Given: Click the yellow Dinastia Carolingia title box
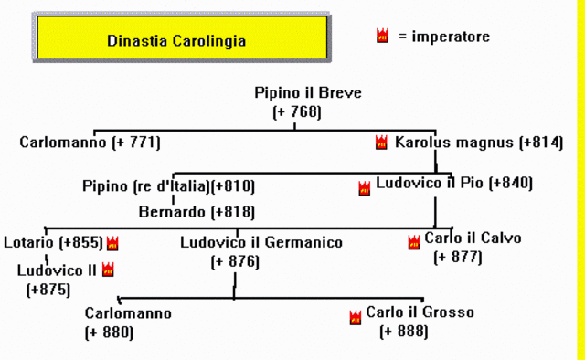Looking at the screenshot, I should [x=175, y=41].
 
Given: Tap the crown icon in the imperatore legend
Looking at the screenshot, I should [x=382, y=37].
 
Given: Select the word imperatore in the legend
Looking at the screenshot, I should [x=451, y=37].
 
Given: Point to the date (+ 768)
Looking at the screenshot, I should [x=297, y=111].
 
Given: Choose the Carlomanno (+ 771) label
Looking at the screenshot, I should [x=90, y=143].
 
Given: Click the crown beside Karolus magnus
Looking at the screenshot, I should [x=381, y=143].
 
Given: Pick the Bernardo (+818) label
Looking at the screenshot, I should [x=197, y=212].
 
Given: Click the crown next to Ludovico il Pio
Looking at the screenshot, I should [x=365, y=188].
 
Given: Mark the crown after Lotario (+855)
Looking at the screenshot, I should [x=112, y=243].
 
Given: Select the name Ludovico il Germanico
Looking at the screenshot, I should [x=261, y=243].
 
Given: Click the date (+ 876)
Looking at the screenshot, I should [x=235, y=261].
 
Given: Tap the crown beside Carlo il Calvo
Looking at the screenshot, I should [x=413, y=242].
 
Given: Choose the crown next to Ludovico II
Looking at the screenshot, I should [x=108, y=270].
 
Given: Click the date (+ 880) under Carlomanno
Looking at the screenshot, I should [x=109, y=332].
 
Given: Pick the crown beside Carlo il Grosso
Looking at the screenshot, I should [x=355, y=317].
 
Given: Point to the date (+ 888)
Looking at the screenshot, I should [x=403, y=332].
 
